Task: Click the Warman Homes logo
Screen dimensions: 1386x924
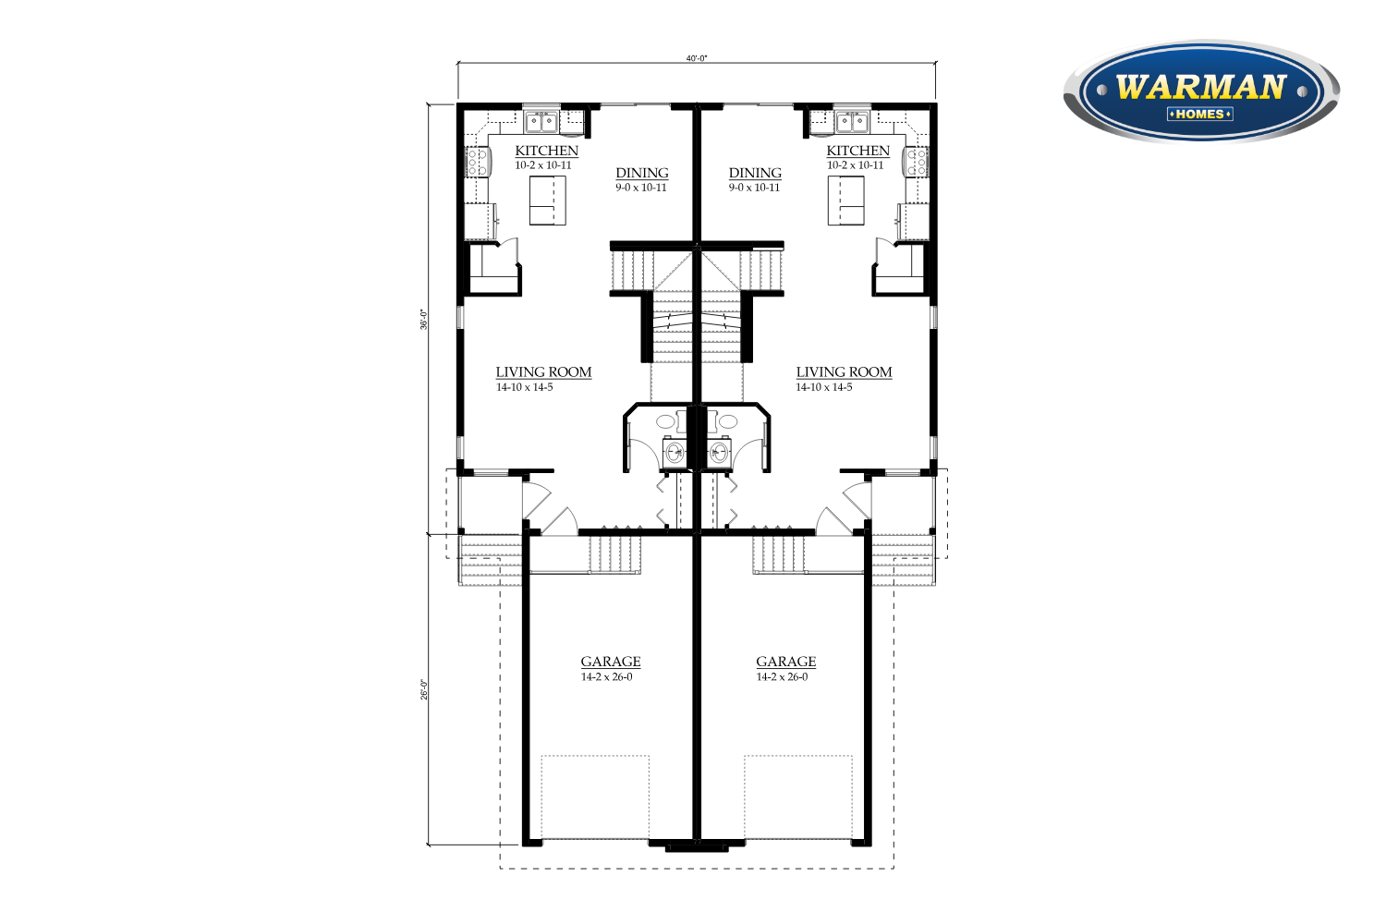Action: click(1201, 91)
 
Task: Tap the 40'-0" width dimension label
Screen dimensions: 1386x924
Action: click(696, 58)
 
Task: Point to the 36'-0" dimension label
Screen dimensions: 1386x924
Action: click(424, 320)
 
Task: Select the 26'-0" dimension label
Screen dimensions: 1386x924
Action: click(424, 689)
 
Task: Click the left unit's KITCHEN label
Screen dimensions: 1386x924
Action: click(546, 151)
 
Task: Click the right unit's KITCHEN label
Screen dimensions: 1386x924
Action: click(857, 151)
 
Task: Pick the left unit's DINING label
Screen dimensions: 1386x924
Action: click(641, 173)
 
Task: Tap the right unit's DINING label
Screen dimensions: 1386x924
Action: click(755, 173)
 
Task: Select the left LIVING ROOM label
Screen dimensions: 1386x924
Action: click(543, 372)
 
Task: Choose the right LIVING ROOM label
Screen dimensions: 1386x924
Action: click(844, 372)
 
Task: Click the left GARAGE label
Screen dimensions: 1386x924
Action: click(611, 662)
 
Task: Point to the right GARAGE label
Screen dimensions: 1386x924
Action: click(785, 662)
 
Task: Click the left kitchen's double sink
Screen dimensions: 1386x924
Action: click(541, 122)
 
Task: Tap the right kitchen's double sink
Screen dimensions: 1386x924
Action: click(853, 122)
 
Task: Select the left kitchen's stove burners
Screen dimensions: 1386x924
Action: click(477, 162)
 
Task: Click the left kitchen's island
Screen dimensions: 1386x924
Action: click(548, 200)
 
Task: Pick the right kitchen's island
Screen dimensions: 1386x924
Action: click(845, 200)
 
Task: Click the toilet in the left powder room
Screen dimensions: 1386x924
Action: click(675, 451)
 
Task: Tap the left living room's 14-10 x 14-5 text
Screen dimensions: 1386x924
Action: click(524, 387)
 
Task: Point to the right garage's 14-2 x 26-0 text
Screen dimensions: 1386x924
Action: click(782, 677)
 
